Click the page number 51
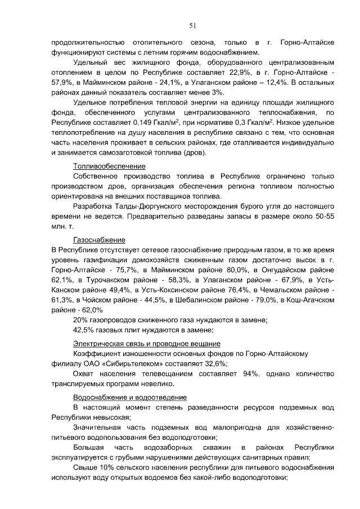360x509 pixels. point(192,25)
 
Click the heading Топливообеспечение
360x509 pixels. point(110,166)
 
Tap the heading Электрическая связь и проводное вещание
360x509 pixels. point(147,343)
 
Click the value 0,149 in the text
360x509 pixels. point(139,123)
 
